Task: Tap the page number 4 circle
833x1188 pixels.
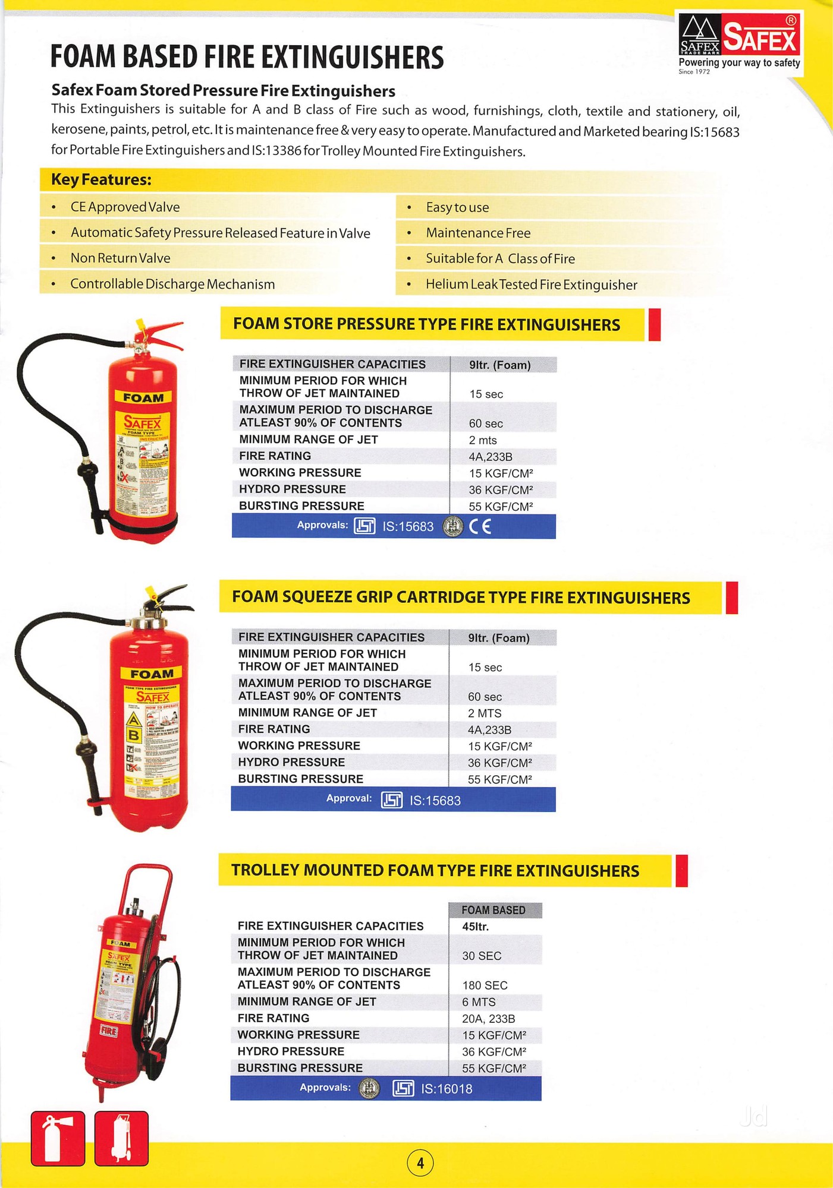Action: pyautogui.click(x=420, y=1162)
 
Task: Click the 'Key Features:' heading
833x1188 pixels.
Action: pyautogui.click(x=101, y=179)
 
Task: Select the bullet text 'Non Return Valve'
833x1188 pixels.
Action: pyautogui.click(x=120, y=258)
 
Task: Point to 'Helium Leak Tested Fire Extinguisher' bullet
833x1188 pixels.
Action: pyautogui.click(x=531, y=285)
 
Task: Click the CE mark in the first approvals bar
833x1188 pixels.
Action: pyautogui.click(x=480, y=527)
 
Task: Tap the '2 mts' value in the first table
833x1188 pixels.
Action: pyautogui.click(x=482, y=440)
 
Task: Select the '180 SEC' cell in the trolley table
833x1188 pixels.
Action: pyautogui.click(x=485, y=985)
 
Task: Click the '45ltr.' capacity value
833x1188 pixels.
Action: pyautogui.click(x=475, y=927)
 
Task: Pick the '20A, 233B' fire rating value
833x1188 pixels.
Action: pyautogui.click(x=488, y=1019)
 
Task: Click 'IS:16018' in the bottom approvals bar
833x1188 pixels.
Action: pyautogui.click(x=446, y=1089)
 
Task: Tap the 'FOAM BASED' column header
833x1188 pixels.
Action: pyautogui.click(x=493, y=910)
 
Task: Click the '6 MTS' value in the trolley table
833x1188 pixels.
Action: pyautogui.click(x=479, y=1002)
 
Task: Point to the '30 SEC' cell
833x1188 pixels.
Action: pyautogui.click(x=482, y=956)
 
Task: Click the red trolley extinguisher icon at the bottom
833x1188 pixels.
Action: pyautogui.click(x=121, y=1138)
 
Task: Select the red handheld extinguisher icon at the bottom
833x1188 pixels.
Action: pyautogui.click(x=58, y=1138)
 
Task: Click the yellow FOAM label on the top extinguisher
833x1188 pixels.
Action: pyautogui.click(x=143, y=397)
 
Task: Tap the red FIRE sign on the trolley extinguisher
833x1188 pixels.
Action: pyautogui.click(x=108, y=1031)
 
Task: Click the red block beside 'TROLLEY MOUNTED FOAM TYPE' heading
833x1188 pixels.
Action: pyautogui.click(x=681, y=871)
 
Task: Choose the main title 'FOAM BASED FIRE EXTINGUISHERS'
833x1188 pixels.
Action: pyautogui.click(x=247, y=58)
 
